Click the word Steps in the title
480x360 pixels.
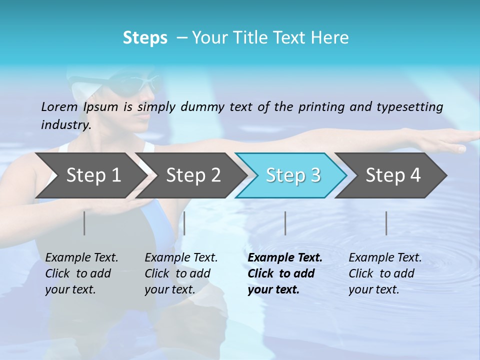coord(145,38)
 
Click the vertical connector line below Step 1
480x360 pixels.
coord(84,223)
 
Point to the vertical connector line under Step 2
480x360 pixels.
coord(184,223)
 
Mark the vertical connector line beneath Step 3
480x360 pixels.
coord(285,223)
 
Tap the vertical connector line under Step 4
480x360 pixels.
coord(386,223)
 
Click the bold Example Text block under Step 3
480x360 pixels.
coord(285,273)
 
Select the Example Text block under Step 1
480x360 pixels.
coord(81,273)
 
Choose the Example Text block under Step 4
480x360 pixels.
coord(385,273)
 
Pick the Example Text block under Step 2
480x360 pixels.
coord(181,273)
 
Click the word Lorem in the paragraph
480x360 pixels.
coord(59,106)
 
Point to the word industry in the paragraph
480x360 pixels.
coord(65,124)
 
